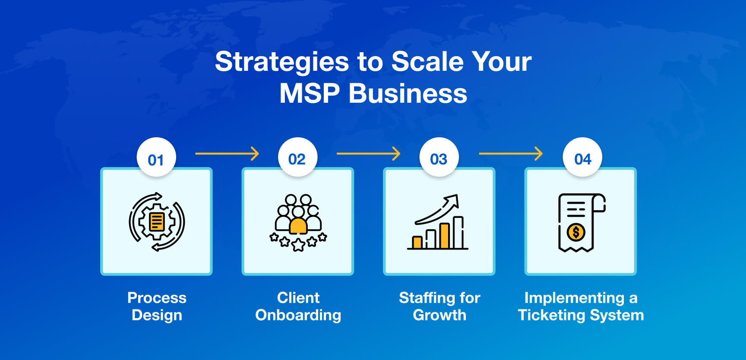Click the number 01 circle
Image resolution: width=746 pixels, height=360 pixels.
[x=156, y=158]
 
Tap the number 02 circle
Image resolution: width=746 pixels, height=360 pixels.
[x=297, y=158]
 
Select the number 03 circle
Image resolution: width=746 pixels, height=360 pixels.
[x=439, y=158]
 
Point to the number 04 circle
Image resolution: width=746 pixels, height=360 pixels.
[x=582, y=158]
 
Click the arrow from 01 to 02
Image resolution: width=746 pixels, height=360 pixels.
[x=227, y=153]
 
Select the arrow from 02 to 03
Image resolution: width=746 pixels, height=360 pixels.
[x=368, y=153]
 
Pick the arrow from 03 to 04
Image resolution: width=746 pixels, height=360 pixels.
[x=511, y=153]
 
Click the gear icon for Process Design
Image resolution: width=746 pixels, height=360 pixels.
[x=157, y=222]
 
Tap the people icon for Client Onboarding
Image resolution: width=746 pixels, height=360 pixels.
[x=298, y=222]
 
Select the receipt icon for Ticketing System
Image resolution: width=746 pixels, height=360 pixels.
[x=581, y=222]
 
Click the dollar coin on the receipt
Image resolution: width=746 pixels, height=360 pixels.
[x=576, y=232]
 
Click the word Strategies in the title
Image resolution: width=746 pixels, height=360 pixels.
[x=281, y=62]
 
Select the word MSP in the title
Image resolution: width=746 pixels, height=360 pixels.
[x=309, y=94]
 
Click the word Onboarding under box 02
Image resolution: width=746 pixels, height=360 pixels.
[x=298, y=316]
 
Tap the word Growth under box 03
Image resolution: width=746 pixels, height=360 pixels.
[x=439, y=316]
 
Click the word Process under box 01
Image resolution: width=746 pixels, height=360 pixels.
[x=157, y=298]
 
